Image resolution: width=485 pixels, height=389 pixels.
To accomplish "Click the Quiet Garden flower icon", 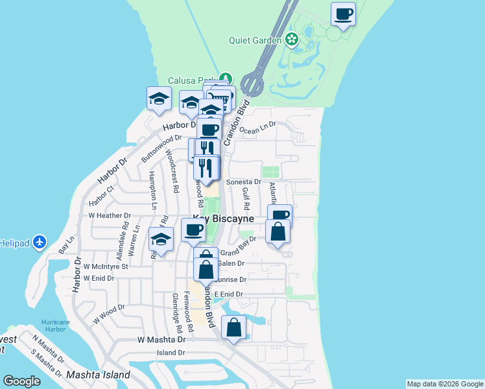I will (x=292, y=40).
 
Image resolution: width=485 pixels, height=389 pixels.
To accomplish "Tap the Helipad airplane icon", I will (x=40, y=242).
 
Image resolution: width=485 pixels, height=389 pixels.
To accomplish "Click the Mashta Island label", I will (x=99, y=375).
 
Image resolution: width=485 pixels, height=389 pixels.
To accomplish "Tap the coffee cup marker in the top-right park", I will (x=344, y=14).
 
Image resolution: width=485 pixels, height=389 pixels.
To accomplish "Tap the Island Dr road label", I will (x=171, y=353).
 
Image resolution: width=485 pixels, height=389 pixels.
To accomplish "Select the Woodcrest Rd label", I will (x=173, y=172).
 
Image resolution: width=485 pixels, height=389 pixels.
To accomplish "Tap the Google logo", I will (x=21, y=381).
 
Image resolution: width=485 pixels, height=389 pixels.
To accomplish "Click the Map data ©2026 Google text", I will (x=445, y=384).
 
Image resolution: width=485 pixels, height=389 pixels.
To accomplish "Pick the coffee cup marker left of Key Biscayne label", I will (x=193, y=230).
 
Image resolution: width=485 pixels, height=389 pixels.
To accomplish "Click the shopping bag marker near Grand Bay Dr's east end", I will (x=278, y=231).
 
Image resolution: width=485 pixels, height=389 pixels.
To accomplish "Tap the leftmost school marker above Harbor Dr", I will (x=159, y=99).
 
